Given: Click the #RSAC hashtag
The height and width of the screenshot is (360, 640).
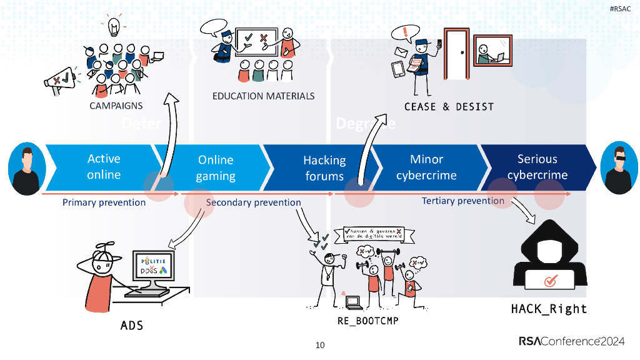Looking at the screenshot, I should (621, 9).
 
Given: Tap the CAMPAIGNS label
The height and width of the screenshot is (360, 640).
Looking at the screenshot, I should (116, 106).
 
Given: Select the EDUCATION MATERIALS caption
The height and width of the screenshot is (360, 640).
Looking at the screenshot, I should (263, 96).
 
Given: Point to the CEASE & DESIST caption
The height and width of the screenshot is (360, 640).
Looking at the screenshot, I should (449, 107).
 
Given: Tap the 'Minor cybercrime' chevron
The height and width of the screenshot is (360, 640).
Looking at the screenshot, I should (427, 167).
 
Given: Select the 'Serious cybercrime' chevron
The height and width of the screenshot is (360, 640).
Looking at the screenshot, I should (537, 167).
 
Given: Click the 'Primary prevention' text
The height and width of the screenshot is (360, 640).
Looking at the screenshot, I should (104, 202).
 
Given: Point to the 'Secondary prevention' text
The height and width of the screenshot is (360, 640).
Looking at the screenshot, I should (253, 202).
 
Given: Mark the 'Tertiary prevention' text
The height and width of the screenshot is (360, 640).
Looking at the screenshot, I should (462, 201).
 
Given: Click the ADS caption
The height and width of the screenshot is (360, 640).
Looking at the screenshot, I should (131, 326).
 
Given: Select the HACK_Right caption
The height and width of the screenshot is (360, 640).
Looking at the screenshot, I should (549, 309).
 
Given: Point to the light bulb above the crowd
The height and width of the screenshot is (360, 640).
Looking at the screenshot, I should (114, 27).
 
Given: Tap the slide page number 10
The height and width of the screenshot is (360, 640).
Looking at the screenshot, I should (320, 344).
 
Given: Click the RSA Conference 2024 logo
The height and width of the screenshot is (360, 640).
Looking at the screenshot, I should (571, 341).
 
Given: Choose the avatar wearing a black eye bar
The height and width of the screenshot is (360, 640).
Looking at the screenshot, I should (619, 167).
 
